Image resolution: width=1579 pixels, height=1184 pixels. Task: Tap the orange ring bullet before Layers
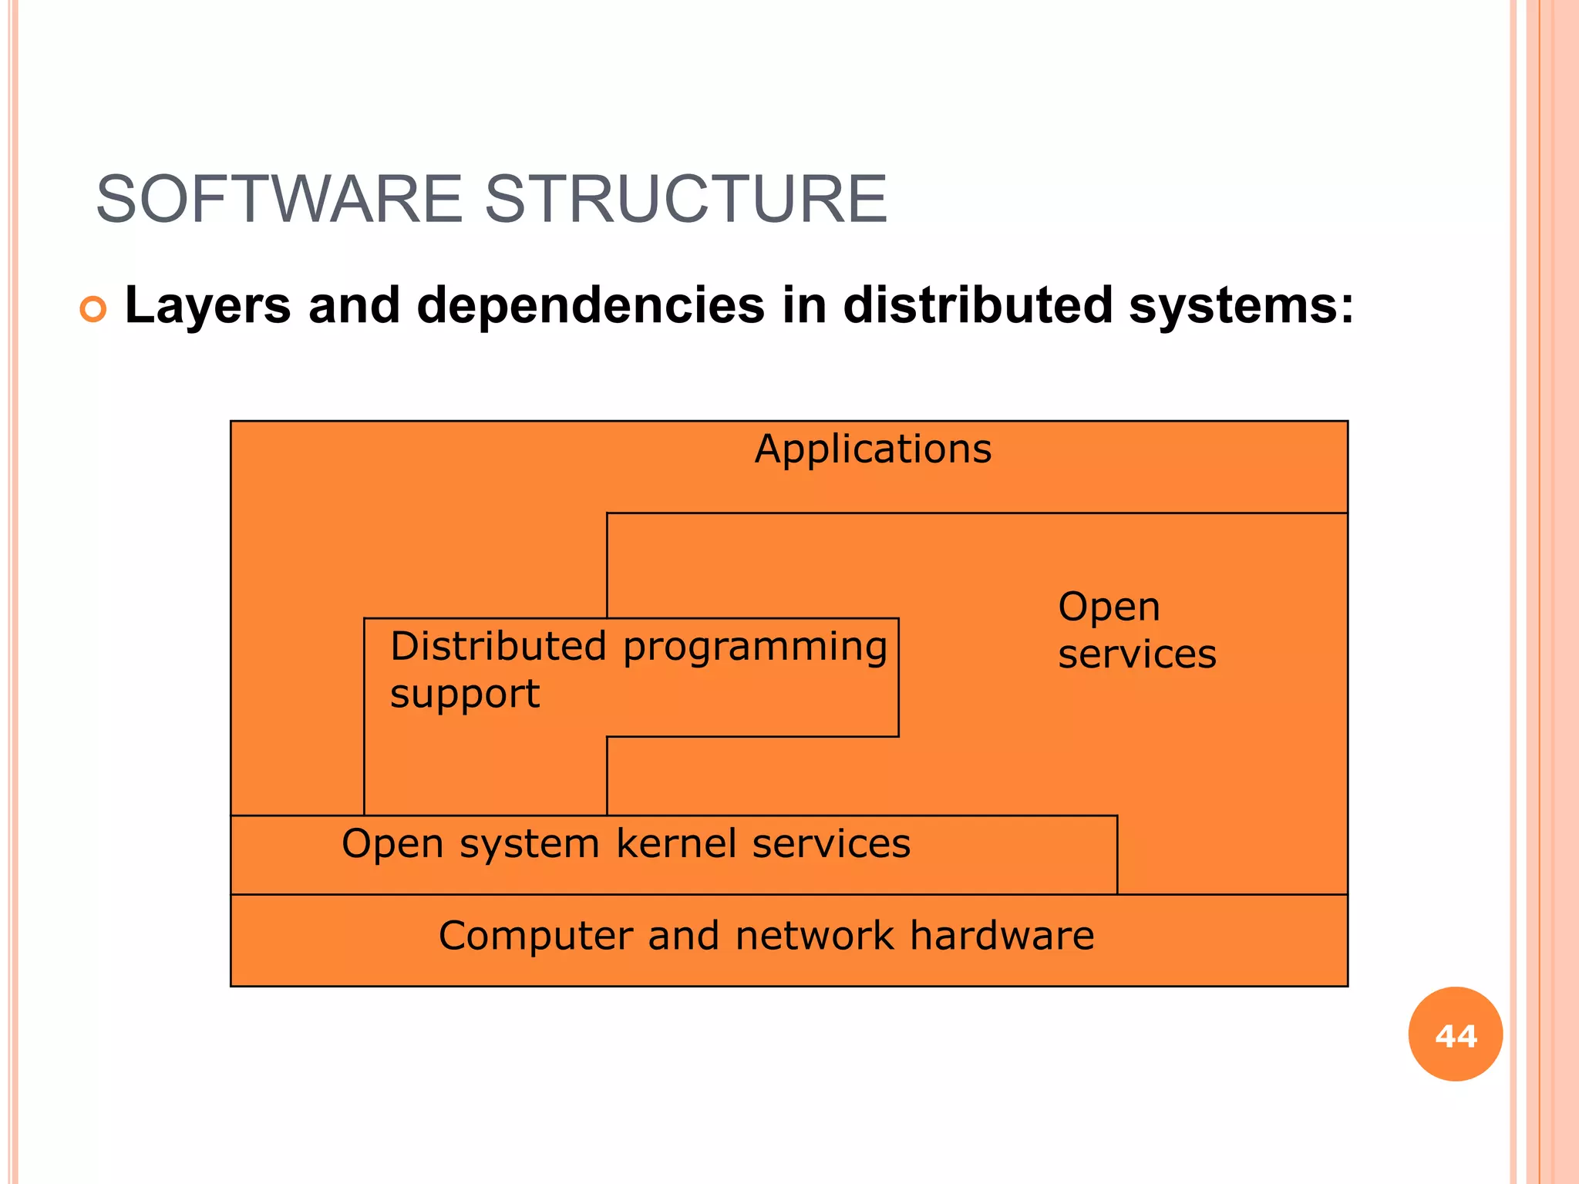click(x=93, y=310)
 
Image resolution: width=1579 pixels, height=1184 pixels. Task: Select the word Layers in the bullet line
click(x=207, y=305)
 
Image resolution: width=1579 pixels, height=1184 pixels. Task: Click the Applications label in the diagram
click(x=873, y=449)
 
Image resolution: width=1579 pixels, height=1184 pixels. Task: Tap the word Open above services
click(x=1109, y=607)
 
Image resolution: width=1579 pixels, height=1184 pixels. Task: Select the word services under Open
click(x=1136, y=654)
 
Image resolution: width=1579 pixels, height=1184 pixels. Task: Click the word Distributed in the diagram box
click(x=498, y=646)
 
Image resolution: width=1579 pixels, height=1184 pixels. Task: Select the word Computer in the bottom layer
click(x=535, y=937)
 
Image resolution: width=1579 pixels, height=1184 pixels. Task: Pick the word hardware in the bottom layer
click(x=1002, y=936)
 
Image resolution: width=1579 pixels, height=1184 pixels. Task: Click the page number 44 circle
click(x=1455, y=1034)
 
